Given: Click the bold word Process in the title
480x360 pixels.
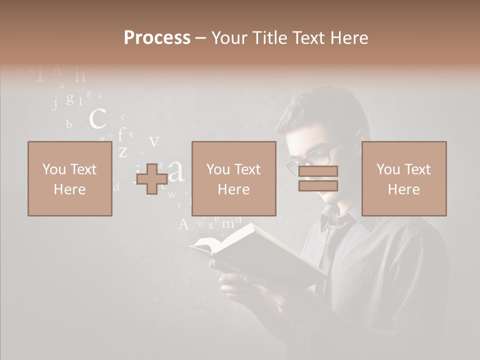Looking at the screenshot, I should [157, 37].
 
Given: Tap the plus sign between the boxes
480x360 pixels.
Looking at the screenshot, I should [152, 179].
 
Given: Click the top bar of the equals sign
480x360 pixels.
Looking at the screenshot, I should [318, 171].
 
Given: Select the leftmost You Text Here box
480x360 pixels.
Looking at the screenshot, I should [69, 178].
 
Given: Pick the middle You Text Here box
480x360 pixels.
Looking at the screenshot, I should [233, 178].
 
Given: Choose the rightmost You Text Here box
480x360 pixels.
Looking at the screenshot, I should [403, 178].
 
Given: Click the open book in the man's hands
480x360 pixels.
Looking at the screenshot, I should [260, 250].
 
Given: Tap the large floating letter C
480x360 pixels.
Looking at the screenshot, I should [97, 119].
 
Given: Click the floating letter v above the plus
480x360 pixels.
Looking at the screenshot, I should [154, 141].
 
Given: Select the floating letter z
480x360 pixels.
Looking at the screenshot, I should [123, 151].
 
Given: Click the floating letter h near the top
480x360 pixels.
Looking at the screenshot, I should [80, 76].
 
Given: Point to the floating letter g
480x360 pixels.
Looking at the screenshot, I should [70, 98].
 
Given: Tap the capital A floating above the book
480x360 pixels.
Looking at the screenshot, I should [183, 224].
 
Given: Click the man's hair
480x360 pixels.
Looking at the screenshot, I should [325, 112].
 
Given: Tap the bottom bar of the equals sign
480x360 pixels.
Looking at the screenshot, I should [318, 185].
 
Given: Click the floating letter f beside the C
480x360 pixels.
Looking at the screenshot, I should [120, 135].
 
